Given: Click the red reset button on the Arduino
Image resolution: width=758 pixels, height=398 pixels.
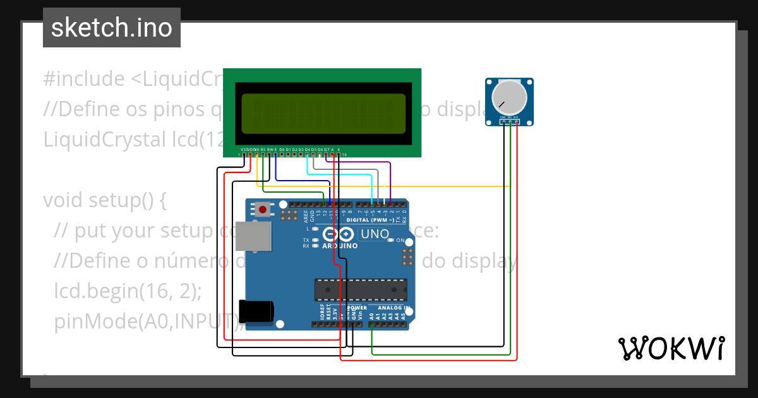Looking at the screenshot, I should click(262, 208).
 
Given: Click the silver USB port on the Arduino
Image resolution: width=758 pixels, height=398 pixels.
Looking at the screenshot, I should click(253, 236).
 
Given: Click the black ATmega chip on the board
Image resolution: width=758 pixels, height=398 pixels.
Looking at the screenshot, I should click(361, 289).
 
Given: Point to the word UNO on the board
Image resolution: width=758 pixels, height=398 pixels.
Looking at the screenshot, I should click(375, 234).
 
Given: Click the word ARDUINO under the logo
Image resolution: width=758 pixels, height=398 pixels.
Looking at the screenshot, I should click(340, 246).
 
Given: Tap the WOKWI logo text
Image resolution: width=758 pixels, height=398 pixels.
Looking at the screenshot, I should click(671, 348).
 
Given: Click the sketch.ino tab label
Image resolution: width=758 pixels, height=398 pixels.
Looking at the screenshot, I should click(112, 28).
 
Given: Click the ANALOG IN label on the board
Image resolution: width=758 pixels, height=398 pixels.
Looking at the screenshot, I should click(394, 308).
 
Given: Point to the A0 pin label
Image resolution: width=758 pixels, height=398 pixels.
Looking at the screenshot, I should click(371, 315).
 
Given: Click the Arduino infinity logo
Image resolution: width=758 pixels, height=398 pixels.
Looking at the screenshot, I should click(339, 234).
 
